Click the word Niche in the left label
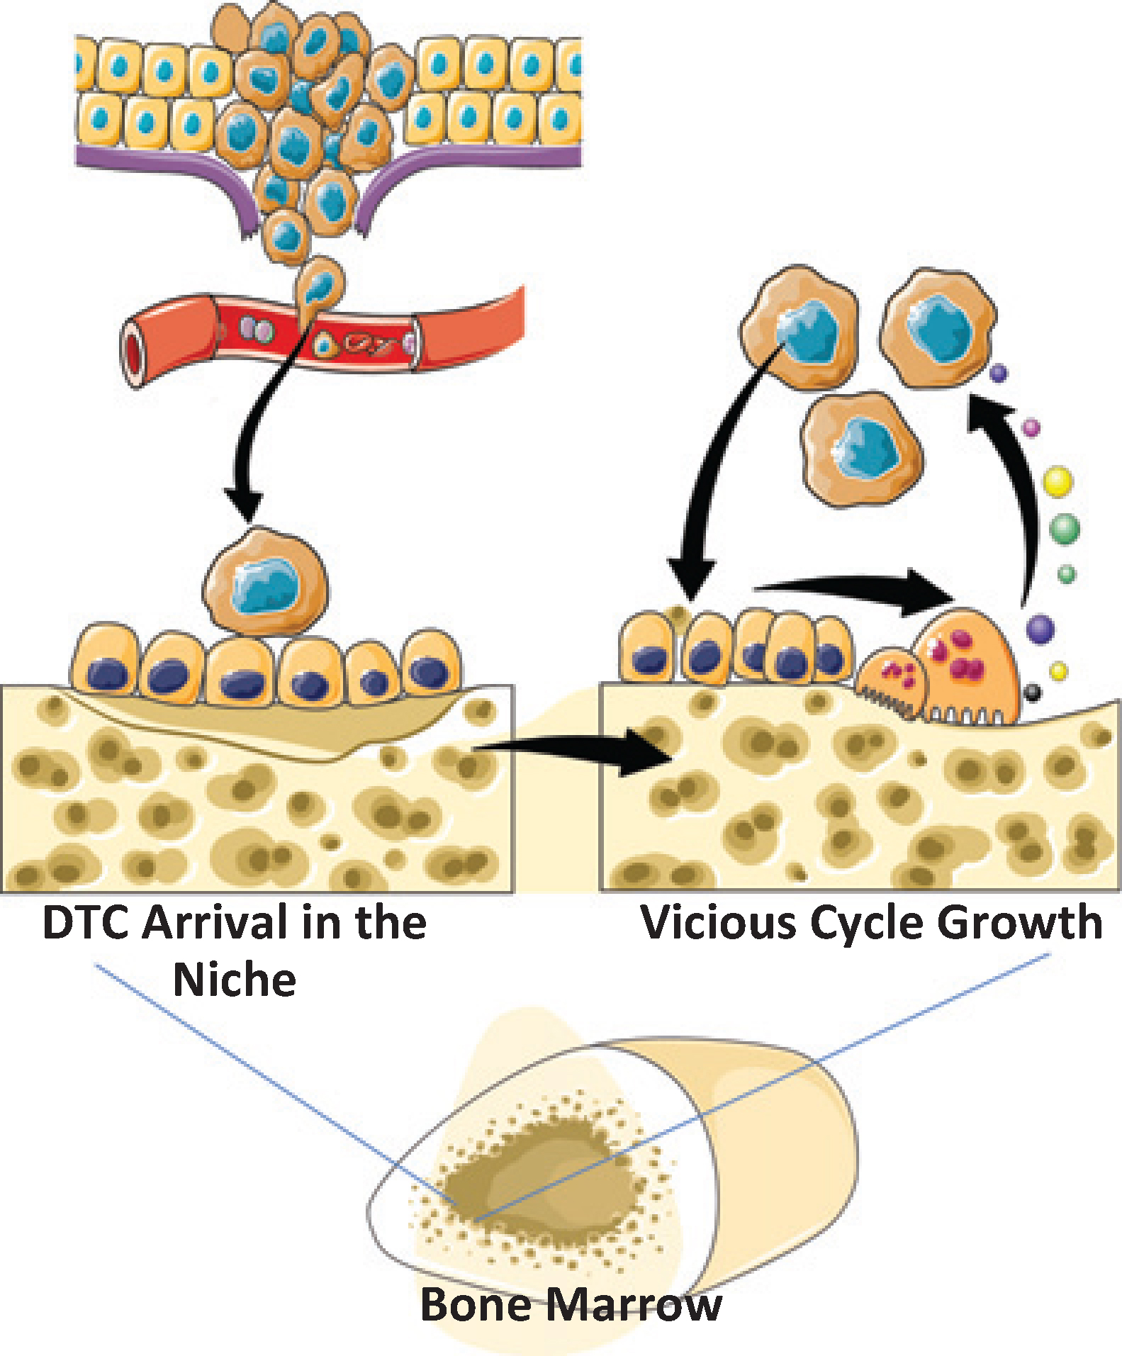click(x=235, y=980)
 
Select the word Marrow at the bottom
click(x=631, y=1304)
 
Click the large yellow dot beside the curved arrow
click(x=1058, y=481)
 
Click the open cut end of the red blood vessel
click(x=135, y=343)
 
